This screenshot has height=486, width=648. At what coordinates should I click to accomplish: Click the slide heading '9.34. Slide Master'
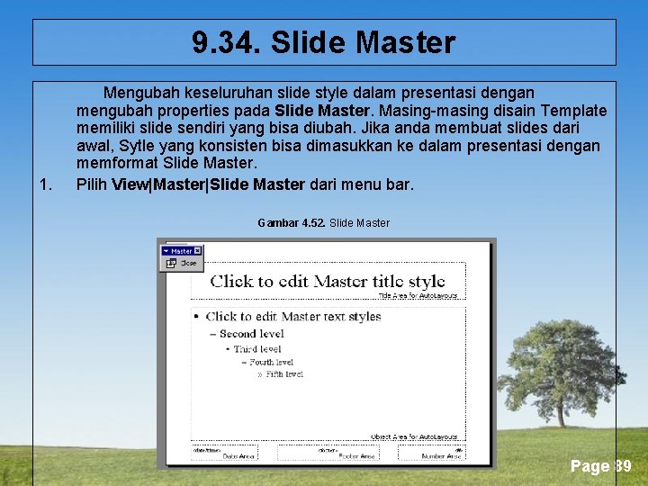point(324,42)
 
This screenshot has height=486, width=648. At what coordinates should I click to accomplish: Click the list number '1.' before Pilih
point(46,185)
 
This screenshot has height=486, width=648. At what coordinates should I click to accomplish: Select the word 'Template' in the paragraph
point(574,111)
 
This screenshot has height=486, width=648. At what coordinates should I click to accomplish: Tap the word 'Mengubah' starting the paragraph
point(139,93)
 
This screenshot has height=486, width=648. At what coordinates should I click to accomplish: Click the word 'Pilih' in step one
point(91,185)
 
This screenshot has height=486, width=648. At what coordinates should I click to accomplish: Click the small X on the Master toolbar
point(197,251)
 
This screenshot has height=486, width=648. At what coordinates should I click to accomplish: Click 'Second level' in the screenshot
point(251,333)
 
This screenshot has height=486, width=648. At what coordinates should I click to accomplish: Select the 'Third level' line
point(257,348)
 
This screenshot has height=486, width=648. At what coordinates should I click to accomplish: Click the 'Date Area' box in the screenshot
point(224,453)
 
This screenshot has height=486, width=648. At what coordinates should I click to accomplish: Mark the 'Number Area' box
point(431,453)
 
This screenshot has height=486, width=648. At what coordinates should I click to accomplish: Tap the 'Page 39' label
point(600,466)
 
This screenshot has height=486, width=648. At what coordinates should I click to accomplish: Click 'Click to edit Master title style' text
point(328,281)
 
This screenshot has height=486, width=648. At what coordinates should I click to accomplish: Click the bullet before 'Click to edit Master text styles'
point(196,317)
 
